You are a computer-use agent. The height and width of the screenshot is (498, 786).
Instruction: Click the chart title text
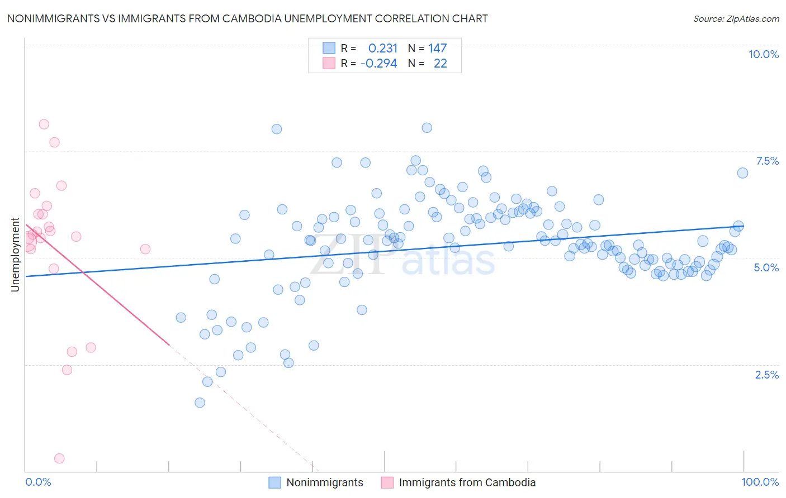(247, 19)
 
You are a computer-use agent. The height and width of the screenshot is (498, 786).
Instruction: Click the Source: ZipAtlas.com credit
(736, 19)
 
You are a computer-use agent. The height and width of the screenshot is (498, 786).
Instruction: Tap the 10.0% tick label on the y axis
(763, 54)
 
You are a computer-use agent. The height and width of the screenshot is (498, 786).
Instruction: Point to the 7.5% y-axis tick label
(767, 161)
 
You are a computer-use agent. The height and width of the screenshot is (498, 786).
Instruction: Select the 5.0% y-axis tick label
(766, 267)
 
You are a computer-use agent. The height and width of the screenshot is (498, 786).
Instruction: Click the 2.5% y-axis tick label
(766, 375)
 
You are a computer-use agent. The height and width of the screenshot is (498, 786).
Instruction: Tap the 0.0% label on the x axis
(38, 482)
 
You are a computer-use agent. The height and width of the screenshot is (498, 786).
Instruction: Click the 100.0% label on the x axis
(760, 482)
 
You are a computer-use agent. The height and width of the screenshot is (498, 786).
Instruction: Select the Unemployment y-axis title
(16, 255)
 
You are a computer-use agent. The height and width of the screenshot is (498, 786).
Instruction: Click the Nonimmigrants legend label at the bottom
(324, 482)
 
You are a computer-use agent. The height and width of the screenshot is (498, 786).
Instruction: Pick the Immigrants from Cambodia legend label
(467, 482)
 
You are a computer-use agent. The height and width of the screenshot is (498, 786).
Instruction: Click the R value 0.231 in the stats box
(382, 49)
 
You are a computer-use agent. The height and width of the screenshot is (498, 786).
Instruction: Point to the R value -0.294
(378, 64)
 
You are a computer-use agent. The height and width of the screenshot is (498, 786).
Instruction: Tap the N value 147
(437, 49)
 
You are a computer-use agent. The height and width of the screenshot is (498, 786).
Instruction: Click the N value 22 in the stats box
(440, 64)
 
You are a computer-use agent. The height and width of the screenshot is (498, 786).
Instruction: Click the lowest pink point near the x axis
(59, 458)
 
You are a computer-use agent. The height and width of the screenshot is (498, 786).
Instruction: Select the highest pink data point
(44, 124)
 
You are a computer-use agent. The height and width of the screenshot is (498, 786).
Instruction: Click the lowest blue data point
(200, 403)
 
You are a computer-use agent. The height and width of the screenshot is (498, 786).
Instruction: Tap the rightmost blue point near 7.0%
(742, 173)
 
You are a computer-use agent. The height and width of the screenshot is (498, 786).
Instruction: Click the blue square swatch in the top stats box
(329, 48)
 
